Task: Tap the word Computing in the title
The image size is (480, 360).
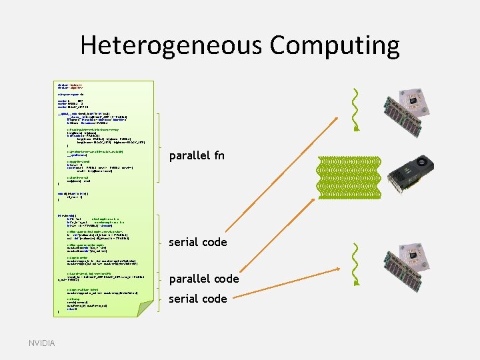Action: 335,46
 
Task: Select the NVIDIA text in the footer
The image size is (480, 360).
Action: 42,343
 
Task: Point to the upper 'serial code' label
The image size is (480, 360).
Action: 198,242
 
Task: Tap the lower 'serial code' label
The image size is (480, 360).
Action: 198,299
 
